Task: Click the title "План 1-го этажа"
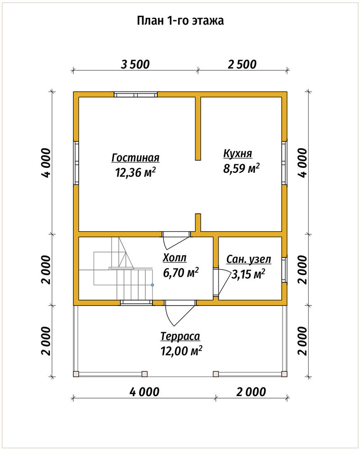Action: point(180,21)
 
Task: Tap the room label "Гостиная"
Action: point(135,158)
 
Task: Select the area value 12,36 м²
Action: point(135,172)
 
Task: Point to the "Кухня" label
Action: point(238,153)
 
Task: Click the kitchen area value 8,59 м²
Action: point(242,168)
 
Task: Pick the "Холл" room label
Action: point(175,258)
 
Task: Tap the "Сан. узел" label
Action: point(248,260)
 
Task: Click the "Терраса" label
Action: point(180,336)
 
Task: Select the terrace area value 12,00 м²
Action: point(181,351)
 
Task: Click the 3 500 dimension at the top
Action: point(135,64)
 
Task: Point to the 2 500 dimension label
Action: point(242,64)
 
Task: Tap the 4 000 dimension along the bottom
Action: point(144,392)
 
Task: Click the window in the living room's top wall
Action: point(135,94)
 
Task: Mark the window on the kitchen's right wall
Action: point(284,163)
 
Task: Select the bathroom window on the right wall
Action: point(284,270)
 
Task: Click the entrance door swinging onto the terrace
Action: point(180,311)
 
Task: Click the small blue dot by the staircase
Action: point(153,285)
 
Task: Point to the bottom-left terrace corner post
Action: point(76,374)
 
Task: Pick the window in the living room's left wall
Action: point(76,163)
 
